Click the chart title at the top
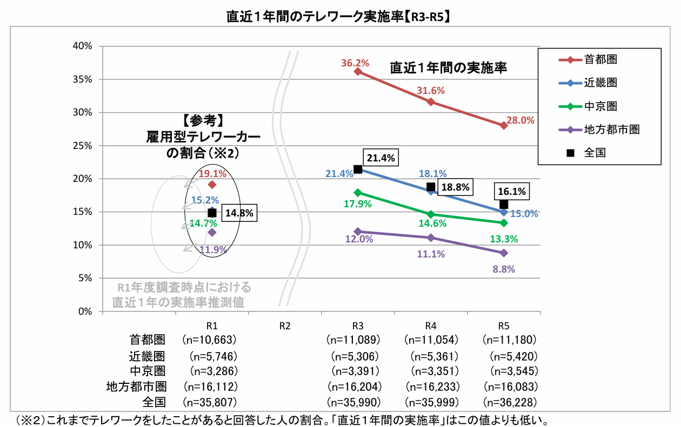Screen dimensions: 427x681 [340, 17]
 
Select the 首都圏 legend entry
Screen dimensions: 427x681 [600, 60]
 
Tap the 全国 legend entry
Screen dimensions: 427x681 [595, 153]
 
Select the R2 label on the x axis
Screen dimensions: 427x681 [285, 326]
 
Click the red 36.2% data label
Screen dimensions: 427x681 [355, 63]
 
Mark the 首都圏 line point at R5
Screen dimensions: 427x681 [504, 125]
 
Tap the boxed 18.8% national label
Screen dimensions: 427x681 [455, 187]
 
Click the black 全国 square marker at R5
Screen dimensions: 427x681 [504, 204]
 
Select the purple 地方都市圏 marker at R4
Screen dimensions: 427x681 [431, 238]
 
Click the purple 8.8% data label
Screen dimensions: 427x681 [504, 269]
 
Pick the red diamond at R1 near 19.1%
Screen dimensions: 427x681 [212, 185]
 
